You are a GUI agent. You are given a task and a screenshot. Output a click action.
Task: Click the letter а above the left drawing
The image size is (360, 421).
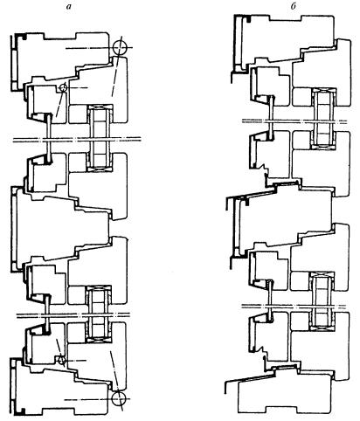[68, 7]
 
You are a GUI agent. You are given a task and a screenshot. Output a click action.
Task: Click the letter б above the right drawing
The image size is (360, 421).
[293, 7]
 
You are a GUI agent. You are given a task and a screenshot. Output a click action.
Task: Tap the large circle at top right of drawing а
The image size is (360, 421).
[120, 47]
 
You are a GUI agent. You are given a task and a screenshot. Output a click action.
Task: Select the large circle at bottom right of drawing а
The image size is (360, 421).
[119, 399]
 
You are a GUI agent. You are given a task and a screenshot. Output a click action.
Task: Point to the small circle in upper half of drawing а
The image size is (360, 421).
[63, 87]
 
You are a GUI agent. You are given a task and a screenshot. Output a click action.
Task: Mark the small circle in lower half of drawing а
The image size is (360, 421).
[62, 360]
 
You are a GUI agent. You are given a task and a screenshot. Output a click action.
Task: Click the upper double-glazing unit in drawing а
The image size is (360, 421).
[100, 139]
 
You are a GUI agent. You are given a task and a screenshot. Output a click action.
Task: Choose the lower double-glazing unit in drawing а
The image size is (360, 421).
[98, 314]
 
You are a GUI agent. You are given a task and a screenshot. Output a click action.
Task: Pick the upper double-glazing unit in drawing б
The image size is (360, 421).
[323, 119]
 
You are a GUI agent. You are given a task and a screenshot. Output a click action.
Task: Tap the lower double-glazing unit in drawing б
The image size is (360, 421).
[322, 302]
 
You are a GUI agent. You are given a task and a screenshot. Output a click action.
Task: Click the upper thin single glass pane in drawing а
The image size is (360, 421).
[49, 138]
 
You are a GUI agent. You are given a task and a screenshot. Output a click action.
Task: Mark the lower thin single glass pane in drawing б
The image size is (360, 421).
[270, 300]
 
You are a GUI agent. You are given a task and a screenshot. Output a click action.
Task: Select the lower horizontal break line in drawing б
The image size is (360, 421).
[294, 306]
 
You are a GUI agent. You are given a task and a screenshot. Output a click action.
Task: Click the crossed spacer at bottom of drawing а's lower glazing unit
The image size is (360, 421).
[98, 340]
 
